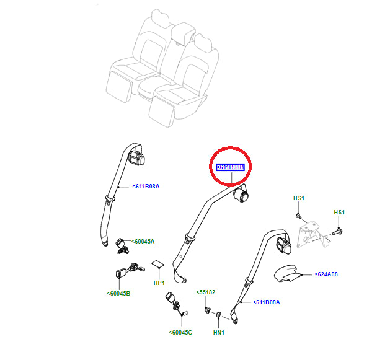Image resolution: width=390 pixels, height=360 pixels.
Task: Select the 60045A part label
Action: (144, 242)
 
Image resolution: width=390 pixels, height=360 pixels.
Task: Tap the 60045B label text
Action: (118, 293)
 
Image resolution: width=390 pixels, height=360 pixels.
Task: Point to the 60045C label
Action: (180, 333)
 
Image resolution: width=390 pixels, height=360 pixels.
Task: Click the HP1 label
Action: (159, 283)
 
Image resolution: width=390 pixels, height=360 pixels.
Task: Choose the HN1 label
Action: (218, 332)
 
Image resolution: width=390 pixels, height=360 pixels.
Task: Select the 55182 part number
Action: (205, 292)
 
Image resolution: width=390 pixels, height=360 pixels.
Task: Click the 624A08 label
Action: (326, 273)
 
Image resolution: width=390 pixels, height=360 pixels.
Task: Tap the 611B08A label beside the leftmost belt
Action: (146, 185)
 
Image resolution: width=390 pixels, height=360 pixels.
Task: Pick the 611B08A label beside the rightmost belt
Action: (267, 302)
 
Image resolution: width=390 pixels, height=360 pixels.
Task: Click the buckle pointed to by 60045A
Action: (122, 245)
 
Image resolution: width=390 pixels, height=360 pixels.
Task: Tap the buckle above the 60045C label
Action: (174, 304)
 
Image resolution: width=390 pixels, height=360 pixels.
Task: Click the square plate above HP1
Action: (159, 266)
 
